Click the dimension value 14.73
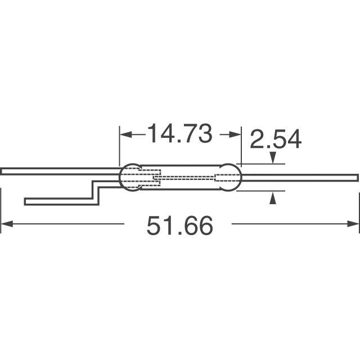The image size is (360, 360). coord(179,134)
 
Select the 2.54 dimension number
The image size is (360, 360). coord(276,140)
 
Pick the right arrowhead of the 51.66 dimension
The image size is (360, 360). coord(354,225)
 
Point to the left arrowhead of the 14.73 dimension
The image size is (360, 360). coord(125,135)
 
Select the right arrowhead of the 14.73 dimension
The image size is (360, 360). coord(236,135)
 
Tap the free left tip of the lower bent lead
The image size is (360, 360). coord(27,201)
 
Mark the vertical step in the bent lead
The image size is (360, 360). coord(96,191)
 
